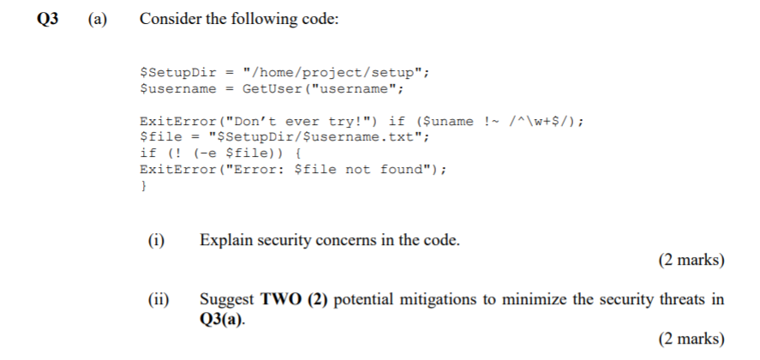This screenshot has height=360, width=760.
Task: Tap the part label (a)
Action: tap(94, 19)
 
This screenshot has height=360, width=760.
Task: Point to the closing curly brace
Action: tap(143, 185)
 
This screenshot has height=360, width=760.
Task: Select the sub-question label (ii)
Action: tap(157, 299)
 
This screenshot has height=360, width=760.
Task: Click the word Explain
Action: tap(226, 240)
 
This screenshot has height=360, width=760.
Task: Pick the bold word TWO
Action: tap(281, 299)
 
